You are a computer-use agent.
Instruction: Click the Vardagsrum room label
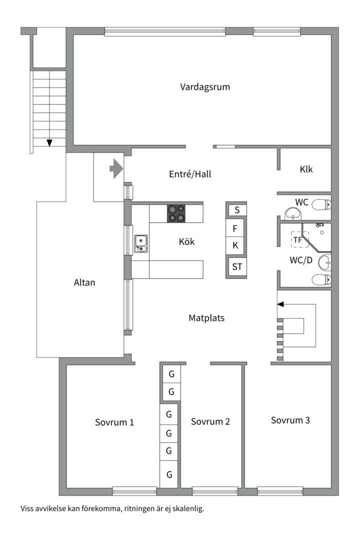(x=205, y=87)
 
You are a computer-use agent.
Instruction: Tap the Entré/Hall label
(x=190, y=174)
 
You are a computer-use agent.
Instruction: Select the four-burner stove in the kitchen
(x=176, y=213)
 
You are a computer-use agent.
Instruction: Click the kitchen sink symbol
(x=141, y=243)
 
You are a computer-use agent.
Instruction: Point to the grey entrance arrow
(x=116, y=168)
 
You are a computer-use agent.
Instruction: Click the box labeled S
(x=237, y=210)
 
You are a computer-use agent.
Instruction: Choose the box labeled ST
(x=237, y=266)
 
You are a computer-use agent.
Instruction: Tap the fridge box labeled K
(x=235, y=245)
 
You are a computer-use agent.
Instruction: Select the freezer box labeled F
(x=235, y=228)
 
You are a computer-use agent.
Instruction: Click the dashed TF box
(x=299, y=239)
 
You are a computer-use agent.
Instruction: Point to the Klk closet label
(x=306, y=169)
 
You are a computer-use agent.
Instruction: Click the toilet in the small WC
(x=321, y=205)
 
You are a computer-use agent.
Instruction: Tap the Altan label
(x=84, y=282)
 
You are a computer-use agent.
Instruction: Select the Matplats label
(x=206, y=317)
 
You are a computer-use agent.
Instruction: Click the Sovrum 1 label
(x=114, y=422)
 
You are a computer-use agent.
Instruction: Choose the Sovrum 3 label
(x=290, y=420)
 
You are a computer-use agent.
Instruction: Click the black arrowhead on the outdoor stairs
(x=49, y=142)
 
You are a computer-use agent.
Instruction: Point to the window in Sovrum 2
(x=215, y=490)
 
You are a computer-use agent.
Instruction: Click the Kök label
(x=186, y=241)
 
